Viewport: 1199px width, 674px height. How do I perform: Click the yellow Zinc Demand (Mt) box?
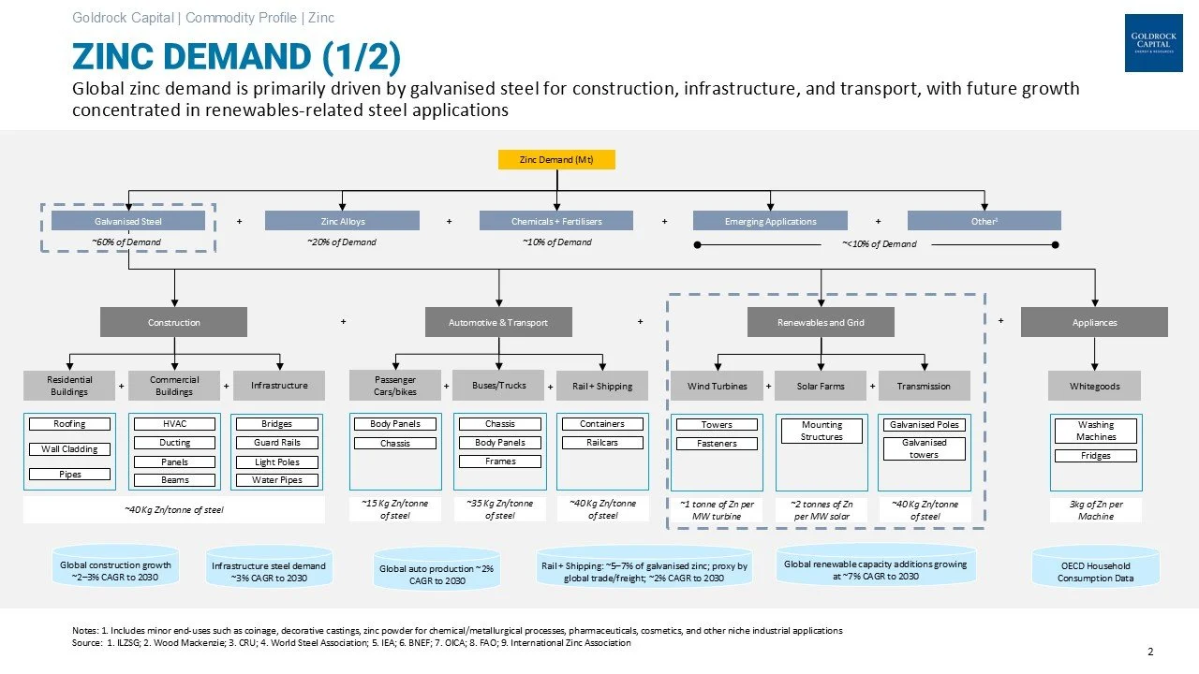556,160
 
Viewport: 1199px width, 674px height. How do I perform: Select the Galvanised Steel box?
128,221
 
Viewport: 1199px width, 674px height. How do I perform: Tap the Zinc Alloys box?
342,221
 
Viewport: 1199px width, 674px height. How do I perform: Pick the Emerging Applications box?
770,221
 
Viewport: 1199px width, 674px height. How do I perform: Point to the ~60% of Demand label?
126,242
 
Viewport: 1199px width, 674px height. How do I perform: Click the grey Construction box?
173,322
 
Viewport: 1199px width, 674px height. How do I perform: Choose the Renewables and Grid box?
821,322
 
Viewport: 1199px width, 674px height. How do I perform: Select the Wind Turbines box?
717,386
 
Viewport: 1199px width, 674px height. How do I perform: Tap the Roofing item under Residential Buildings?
69,424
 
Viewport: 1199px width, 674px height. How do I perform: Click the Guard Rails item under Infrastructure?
277,443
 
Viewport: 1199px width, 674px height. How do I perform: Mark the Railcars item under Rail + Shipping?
602,443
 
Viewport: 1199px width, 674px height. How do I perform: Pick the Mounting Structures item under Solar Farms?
822,431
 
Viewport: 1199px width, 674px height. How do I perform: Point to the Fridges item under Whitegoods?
1095,456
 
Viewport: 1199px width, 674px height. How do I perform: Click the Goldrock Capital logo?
1153,43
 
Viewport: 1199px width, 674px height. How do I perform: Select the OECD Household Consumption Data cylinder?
1095,571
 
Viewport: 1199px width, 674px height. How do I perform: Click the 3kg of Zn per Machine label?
1095,510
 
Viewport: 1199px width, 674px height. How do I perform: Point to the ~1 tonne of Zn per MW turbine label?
717,510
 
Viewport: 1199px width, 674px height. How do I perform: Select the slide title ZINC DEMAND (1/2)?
236,57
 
